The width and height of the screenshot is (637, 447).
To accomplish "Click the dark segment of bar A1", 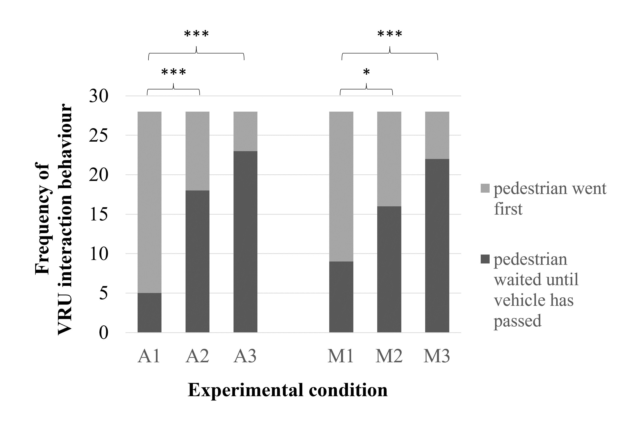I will coord(150,313).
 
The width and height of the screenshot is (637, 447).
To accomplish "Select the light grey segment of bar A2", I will coord(197,151).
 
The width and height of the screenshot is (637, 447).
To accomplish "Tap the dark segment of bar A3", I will coord(245,242).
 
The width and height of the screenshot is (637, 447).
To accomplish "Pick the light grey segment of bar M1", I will coord(341,187).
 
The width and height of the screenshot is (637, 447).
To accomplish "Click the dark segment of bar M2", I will coord(389,269).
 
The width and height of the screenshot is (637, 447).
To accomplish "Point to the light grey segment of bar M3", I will coord(437,135).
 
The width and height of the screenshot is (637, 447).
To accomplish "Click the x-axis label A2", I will coord(197,356).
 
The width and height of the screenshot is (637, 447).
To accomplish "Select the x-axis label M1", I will coord(341,356).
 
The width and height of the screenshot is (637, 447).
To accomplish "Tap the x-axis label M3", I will coord(437,356).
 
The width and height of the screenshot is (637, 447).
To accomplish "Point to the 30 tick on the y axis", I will coord(99,96).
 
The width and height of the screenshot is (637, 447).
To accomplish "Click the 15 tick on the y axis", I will coord(99,214).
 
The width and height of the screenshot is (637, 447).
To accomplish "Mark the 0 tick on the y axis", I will coord(104,333).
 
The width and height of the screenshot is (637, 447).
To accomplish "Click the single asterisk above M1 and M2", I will coord(366,72).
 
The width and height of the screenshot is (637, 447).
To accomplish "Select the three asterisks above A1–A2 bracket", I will coord(173,72).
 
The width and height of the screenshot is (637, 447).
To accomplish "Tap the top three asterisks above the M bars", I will coord(390,34).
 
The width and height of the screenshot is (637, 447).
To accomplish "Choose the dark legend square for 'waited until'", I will coord(485,259).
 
